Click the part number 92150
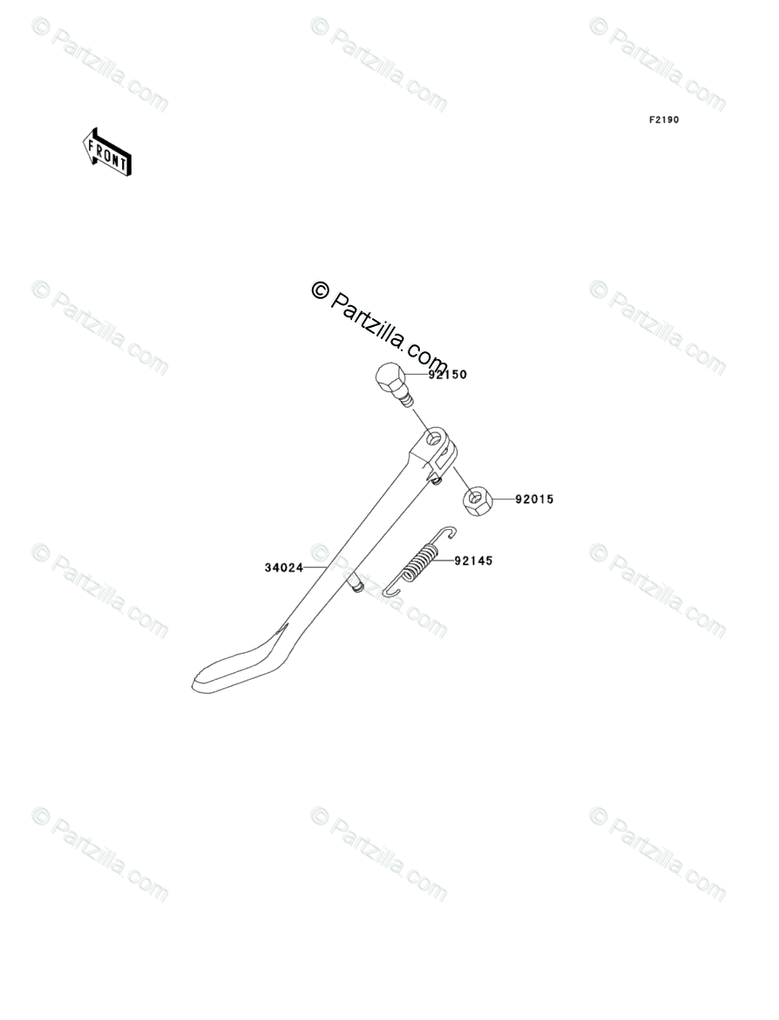tap(448, 375)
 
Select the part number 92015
tap(534, 500)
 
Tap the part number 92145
tap(473, 561)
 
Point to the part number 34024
tap(283, 568)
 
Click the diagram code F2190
tap(663, 119)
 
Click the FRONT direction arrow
tap(106, 152)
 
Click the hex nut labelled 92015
tap(477, 501)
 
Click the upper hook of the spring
tap(447, 533)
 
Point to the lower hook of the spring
tap(391, 592)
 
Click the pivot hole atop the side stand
tap(433, 439)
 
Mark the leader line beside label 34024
tap(315, 568)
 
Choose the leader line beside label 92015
tap(504, 500)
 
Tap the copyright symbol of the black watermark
tap(320, 290)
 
